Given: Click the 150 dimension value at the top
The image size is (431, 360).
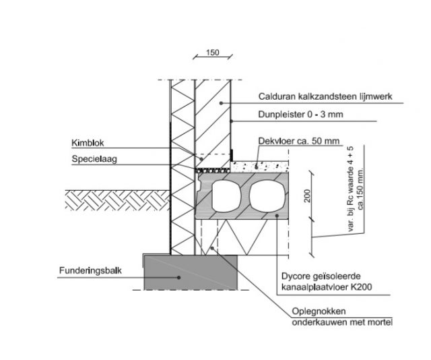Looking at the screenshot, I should tap(212, 53).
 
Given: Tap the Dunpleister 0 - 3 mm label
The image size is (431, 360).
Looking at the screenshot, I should tap(301, 115).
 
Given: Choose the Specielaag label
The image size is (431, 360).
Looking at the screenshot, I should tap(91, 159).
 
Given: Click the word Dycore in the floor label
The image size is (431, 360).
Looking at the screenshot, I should tap(294, 276).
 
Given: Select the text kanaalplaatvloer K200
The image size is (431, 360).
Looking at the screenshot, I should tap(324, 289).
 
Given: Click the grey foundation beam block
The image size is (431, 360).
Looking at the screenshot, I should tap(190, 272).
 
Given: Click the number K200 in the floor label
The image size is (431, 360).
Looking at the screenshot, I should tap(362, 289).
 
